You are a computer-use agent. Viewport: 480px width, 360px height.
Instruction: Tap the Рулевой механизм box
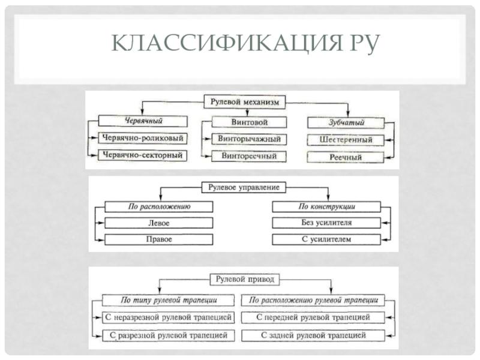[245, 103]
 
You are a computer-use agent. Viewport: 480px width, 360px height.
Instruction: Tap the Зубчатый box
[345, 122]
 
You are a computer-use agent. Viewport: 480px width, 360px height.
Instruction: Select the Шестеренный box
[345, 140]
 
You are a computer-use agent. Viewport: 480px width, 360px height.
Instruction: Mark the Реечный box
[345, 157]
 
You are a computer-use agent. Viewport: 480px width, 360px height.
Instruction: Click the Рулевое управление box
[244, 188]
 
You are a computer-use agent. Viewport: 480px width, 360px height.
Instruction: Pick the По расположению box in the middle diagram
[159, 206]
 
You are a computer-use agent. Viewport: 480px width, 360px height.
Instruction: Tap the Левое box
[159, 223]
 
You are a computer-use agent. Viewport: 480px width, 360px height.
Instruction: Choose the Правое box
[159, 239]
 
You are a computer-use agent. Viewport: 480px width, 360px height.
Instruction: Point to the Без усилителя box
[326, 223]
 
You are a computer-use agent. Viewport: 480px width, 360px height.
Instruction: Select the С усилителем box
[326, 239]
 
